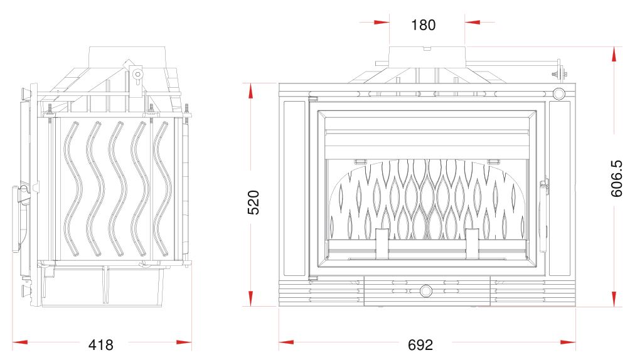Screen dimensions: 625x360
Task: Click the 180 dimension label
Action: click(x=423, y=25)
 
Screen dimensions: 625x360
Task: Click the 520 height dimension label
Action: click(x=254, y=203)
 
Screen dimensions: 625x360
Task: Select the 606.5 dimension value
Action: click(x=616, y=178)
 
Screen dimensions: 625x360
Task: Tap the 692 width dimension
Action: click(x=420, y=345)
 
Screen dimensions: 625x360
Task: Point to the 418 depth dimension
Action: click(x=101, y=345)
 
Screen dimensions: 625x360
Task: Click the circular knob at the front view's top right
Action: click(x=558, y=94)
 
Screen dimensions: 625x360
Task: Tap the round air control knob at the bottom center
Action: click(x=425, y=290)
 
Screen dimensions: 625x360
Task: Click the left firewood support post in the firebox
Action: click(x=382, y=244)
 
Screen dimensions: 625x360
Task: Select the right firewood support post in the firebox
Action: click(x=473, y=244)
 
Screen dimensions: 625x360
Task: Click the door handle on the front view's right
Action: click(x=543, y=216)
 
